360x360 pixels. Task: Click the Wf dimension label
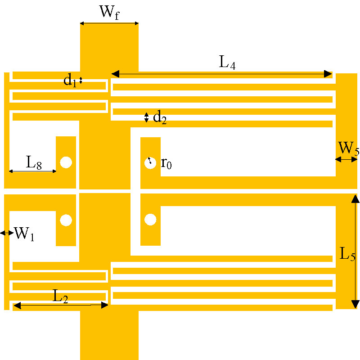pyautogui.click(x=109, y=13)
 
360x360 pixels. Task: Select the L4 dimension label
pyautogui.click(x=227, y=63)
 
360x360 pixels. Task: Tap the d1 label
pyautogui.click(x=70, y=81)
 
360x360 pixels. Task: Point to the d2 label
pyautogui.click(x=160, y=117)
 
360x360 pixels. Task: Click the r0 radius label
pyautogui.click(x=166, y=163)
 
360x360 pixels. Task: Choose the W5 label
pyautogui.click(x=348, y=148)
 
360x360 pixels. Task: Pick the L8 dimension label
pyautogui.click(x=34, y=162)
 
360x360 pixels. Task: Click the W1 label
pyautogui.click(x=24, y=234)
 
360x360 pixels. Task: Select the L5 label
pyautogui.click(x=347, y=254)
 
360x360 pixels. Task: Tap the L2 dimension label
pyautogui.click(x=60, y=296)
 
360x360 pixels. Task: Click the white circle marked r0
pyautogui.click(x=150, y=163)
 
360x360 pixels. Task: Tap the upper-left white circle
pyautogui.click(x=66, y=162)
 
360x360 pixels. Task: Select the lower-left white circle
pyautogui.click(x=66, y=220)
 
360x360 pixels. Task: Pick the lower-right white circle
pyautogui.click(x=150, y=220)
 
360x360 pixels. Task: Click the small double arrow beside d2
pyautogui.click(x=146, y=117)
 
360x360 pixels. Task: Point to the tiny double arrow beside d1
pyautogui.click(x=81, y=81)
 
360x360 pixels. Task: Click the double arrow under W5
pyautogui.click(x=346, y=159)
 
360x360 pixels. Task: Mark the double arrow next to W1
pyautogui.click(x=7, y=233)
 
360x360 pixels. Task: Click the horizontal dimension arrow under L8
pyautogui.click(x=32, y=171)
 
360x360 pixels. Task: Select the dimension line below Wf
pyautogui.click(x=109, y=23)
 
